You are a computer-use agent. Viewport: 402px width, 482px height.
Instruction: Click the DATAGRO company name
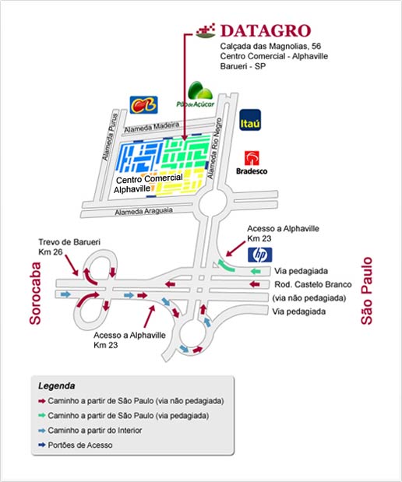click(x=266, y=30)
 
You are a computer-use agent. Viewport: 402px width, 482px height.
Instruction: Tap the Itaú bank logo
click(x=250, y=120)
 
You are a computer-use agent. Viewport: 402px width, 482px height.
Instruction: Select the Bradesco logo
click(x=252, y=163)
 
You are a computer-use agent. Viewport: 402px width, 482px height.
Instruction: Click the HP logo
click(x=260, y=255)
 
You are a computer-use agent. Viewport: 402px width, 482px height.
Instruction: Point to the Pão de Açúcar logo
click(x=196, y=95)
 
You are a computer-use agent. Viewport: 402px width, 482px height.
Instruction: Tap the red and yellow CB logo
click(x=143, y=105)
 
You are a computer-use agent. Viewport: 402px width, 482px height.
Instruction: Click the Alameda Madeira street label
click(x=152, y=127)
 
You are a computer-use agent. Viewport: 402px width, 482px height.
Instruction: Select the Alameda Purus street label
click(x=110, y=137)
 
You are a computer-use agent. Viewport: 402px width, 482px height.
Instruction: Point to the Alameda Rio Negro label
click(x=214, y=149)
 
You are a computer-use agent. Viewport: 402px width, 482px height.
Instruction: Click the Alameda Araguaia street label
click(x=143, y=211)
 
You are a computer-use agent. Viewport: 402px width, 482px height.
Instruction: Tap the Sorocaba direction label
click(x=35, y=294)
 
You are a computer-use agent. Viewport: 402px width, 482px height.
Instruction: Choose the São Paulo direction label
click(x=366, y=290)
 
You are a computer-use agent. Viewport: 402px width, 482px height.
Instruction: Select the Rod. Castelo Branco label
click(x=313, y=284)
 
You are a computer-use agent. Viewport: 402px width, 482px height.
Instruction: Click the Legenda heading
click(x=57, y=385)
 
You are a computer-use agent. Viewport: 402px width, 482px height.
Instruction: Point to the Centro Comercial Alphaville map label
click(x=149, y=184)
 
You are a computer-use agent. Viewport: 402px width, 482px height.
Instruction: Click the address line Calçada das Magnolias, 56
click(x=270, y=47)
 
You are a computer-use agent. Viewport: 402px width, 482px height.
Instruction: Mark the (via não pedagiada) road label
click(x=309, y=298)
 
